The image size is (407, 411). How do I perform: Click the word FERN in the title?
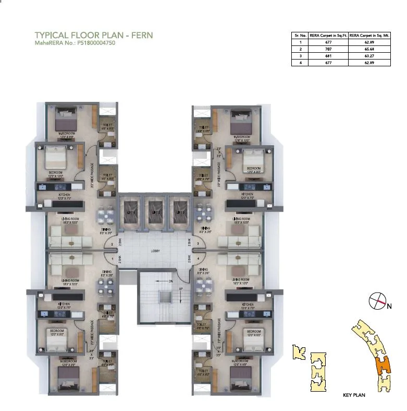141,36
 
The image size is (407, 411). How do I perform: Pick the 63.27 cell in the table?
369,55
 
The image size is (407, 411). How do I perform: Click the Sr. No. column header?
299,35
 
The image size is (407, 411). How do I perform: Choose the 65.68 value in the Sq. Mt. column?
369,49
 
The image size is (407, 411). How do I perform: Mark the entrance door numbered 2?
112,244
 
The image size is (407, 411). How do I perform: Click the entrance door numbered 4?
198,257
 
